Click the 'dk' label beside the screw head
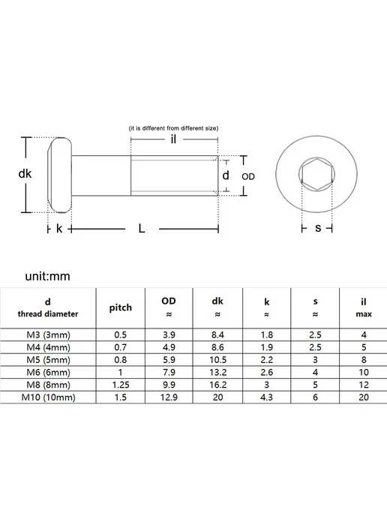(25, 174)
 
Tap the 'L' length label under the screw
(142, 228)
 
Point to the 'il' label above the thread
(173, 139)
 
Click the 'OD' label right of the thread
(248, 177)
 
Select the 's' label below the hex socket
(318, 228)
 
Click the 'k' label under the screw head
(59, 228)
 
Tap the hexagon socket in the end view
(317, 173)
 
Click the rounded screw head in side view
(60, 175)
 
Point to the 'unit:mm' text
(48, 276)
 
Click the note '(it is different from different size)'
(173, 128)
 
